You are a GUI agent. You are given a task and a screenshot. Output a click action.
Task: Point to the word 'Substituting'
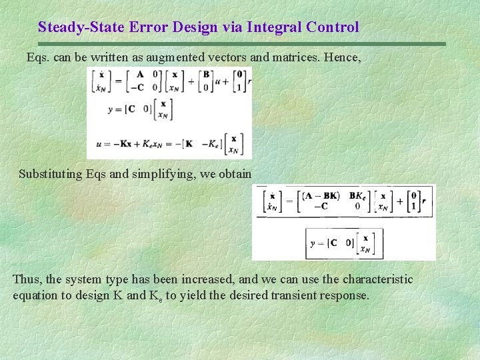[51, 174]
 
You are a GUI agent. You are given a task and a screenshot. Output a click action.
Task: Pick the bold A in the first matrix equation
[138, 75]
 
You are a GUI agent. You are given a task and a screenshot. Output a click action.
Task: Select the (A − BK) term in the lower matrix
[321, 195]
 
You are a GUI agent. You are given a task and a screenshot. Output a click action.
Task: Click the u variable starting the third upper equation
[98, 142]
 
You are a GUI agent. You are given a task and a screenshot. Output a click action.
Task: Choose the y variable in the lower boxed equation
[313, 243]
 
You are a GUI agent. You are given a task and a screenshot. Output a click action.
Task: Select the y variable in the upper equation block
[111, 109]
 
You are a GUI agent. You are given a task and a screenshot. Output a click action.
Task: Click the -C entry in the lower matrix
[320, 207]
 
